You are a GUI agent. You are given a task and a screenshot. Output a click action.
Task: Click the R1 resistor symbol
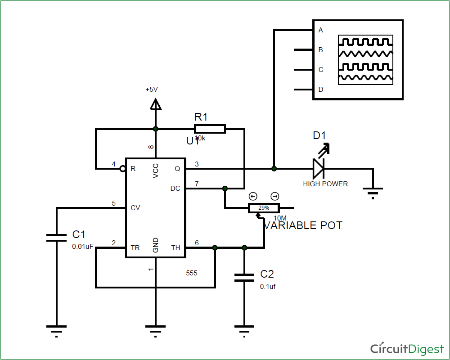point(209,129)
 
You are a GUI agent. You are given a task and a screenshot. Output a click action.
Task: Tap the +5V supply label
point(152,90)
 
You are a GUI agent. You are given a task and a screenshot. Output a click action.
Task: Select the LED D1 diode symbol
point(319,169)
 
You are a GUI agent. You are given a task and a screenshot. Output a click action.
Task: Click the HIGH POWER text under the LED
point(325,184)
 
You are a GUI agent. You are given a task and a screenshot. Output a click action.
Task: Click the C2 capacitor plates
point(244,277)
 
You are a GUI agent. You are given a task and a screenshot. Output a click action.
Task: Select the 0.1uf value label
point(268,286)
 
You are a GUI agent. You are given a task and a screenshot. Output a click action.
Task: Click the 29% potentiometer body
point(264,208)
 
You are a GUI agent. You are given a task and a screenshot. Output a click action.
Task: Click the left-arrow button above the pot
point(253,196)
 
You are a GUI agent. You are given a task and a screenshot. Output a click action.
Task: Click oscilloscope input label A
point(321,30)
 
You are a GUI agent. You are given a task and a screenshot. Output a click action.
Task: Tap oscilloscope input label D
point(321,90)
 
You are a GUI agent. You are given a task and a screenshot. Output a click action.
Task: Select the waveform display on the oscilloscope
point(366,60)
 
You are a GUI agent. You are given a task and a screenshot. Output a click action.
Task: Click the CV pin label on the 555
point(135,208)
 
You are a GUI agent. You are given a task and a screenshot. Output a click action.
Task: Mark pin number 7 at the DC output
point(197,184)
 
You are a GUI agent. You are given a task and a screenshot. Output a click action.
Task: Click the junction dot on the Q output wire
point(274,169)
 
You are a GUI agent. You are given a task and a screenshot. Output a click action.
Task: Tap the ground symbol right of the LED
point(373,193)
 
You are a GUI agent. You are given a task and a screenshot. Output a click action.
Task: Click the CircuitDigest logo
point(407,348)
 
